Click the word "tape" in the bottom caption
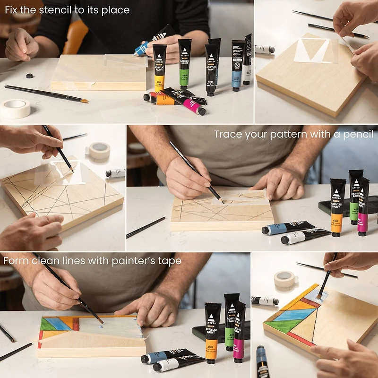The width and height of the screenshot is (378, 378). [x=171, y=260]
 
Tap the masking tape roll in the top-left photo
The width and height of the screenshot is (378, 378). [x=15, y=108]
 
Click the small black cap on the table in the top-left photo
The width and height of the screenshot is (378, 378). [x=29, y=76]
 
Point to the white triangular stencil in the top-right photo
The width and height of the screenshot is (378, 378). [x=312, y=51]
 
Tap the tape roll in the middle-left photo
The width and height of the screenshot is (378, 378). [x=100, y=151]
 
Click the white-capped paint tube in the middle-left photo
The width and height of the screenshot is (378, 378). [x=115, y=173]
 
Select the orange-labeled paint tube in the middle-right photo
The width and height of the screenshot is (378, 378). [x=337, y=208]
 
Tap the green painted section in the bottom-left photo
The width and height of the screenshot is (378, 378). [x=46, y=324]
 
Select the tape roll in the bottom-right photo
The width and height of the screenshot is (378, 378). [x=285, y=280]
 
